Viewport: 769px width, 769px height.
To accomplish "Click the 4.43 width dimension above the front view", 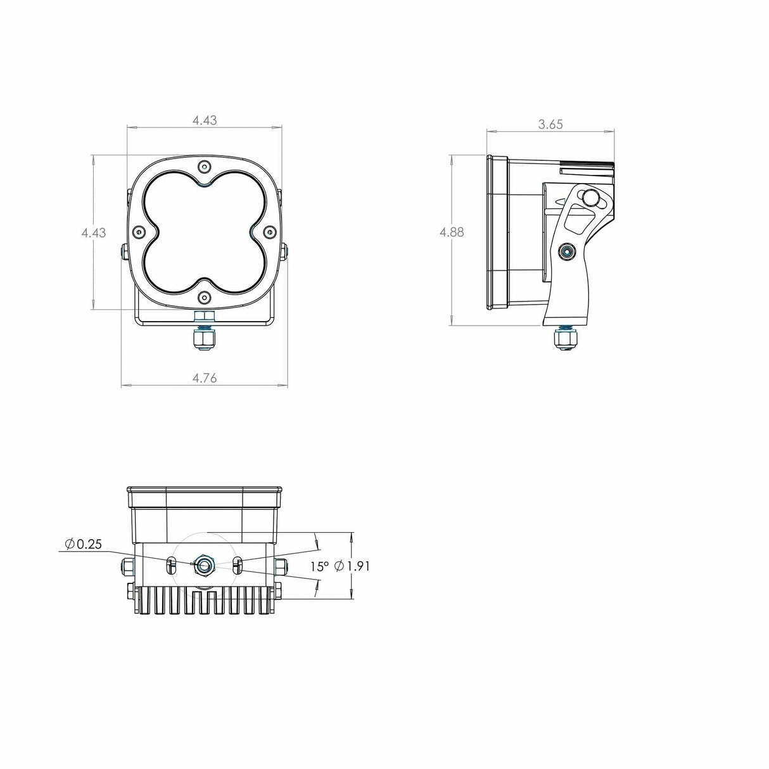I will pyautogui.click(x=205, y=120).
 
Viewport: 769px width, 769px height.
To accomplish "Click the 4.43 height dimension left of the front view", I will pyautogui.click(x=94, y=232).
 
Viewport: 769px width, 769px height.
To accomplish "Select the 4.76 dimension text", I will pyautogui.click(x=205, y=378).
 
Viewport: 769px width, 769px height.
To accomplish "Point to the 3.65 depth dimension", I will pyautogui.click(x=550, y=125).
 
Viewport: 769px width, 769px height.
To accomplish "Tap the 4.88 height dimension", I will pyautogui.click(x=452, y=232).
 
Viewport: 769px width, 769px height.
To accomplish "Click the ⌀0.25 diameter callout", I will pyautogui.click(x=83, y=544).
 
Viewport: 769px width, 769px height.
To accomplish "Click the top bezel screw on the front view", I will pyautogui.click(x=203, y=167).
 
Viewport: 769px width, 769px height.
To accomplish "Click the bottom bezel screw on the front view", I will pyautogui.click(x=203, y=297).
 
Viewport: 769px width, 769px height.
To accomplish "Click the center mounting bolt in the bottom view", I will pyautogui.click(x=204, y=564).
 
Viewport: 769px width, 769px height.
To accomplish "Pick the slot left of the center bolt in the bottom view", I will pyautogui.click(x=170, y=566).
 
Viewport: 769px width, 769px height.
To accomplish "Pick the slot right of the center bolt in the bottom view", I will pyautogui.click(x=238, y=566).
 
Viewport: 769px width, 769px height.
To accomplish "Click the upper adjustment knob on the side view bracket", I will pyautogui.click(x=592, y=198).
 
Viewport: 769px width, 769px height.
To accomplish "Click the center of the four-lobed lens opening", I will pyautogui.click(x=203, y=232).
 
